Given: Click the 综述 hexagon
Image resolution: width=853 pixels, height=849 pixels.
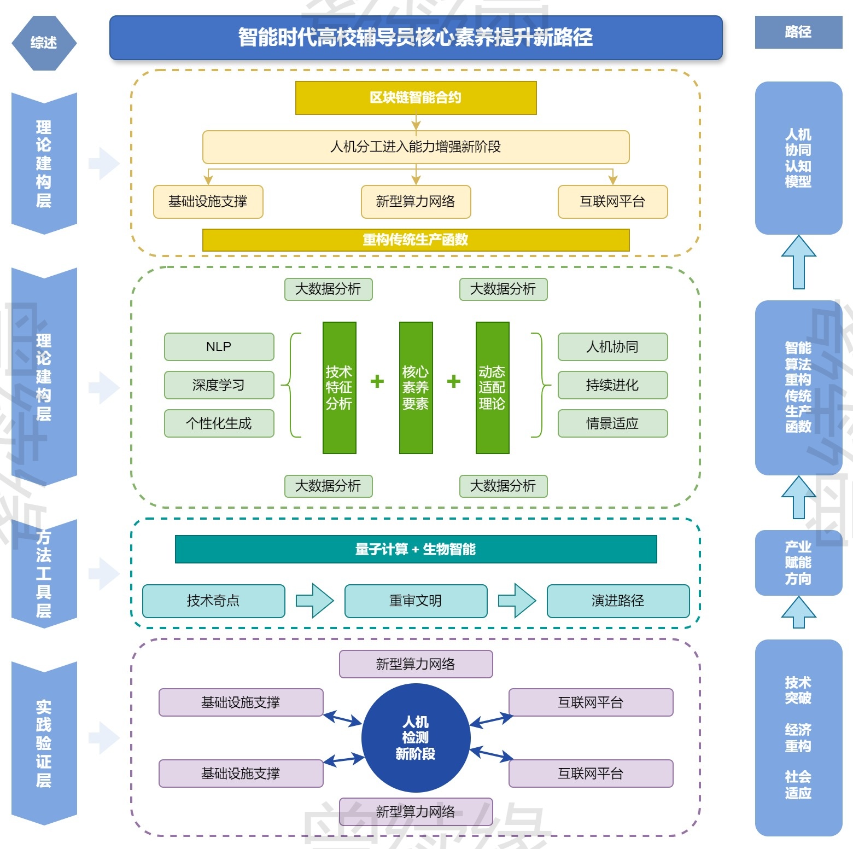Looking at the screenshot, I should click(44, 43).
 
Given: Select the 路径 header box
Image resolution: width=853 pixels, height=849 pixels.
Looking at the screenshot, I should click(798, 32).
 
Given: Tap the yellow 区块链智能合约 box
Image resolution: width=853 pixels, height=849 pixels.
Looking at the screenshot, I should click(416, 98).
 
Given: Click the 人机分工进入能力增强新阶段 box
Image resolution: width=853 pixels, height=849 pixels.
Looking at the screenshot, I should click(416, 147).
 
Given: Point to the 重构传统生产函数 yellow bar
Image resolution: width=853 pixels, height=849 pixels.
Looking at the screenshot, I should click(416, 240).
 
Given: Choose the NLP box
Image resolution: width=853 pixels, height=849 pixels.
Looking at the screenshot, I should click(219, 347).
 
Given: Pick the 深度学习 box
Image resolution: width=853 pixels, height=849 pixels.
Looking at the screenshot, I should click(219, 385).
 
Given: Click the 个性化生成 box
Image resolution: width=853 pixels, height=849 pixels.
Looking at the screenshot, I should click(219, 423).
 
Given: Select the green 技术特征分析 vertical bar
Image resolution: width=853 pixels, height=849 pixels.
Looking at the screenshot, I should click(339, 387).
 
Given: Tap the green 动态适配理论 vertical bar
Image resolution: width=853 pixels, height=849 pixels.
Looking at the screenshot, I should click(492, 387).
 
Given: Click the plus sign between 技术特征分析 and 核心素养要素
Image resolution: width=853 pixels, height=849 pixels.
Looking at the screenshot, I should click(377, 381).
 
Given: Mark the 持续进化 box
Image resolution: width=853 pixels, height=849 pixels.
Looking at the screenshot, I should click(612, 385).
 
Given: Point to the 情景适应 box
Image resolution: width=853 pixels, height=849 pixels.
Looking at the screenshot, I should click(612, 423).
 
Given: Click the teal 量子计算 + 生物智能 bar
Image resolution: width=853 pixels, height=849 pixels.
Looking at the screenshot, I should click(416, 549).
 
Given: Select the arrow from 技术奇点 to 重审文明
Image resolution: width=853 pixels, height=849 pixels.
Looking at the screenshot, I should click(314, 601).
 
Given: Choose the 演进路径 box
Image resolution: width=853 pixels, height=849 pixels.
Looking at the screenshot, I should click(618, 601).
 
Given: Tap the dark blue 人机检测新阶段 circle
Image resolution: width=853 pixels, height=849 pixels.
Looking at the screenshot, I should click(416, 737).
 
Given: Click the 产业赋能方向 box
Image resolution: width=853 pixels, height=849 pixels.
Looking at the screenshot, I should click(798, 562).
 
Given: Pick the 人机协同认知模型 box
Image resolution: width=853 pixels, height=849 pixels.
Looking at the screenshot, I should click(798, 158).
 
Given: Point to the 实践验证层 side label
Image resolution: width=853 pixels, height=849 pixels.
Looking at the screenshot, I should click(44, 743).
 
